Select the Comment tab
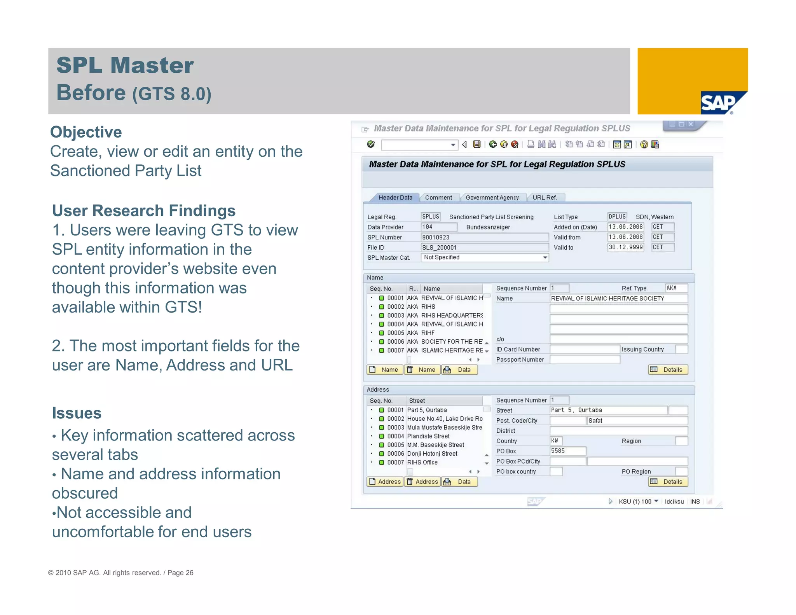tap(438, 197)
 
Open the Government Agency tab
tap(492, 197)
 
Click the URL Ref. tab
tap(545, 197)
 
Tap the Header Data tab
tap(395, 197)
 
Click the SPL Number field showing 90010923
tap(484, 237)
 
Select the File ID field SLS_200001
tap(484, 247)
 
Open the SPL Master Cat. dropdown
tap(545, 257)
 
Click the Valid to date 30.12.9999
tap(625, 247)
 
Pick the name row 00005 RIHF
tap(428, 333)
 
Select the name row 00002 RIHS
tap(428, 307)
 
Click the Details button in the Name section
tap(668, 370)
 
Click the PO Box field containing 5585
tap(567, 451)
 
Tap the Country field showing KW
tap(556, 441)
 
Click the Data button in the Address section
tap(459, 482)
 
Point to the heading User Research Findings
tap(144, 211)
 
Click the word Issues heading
tap(77, 413)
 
